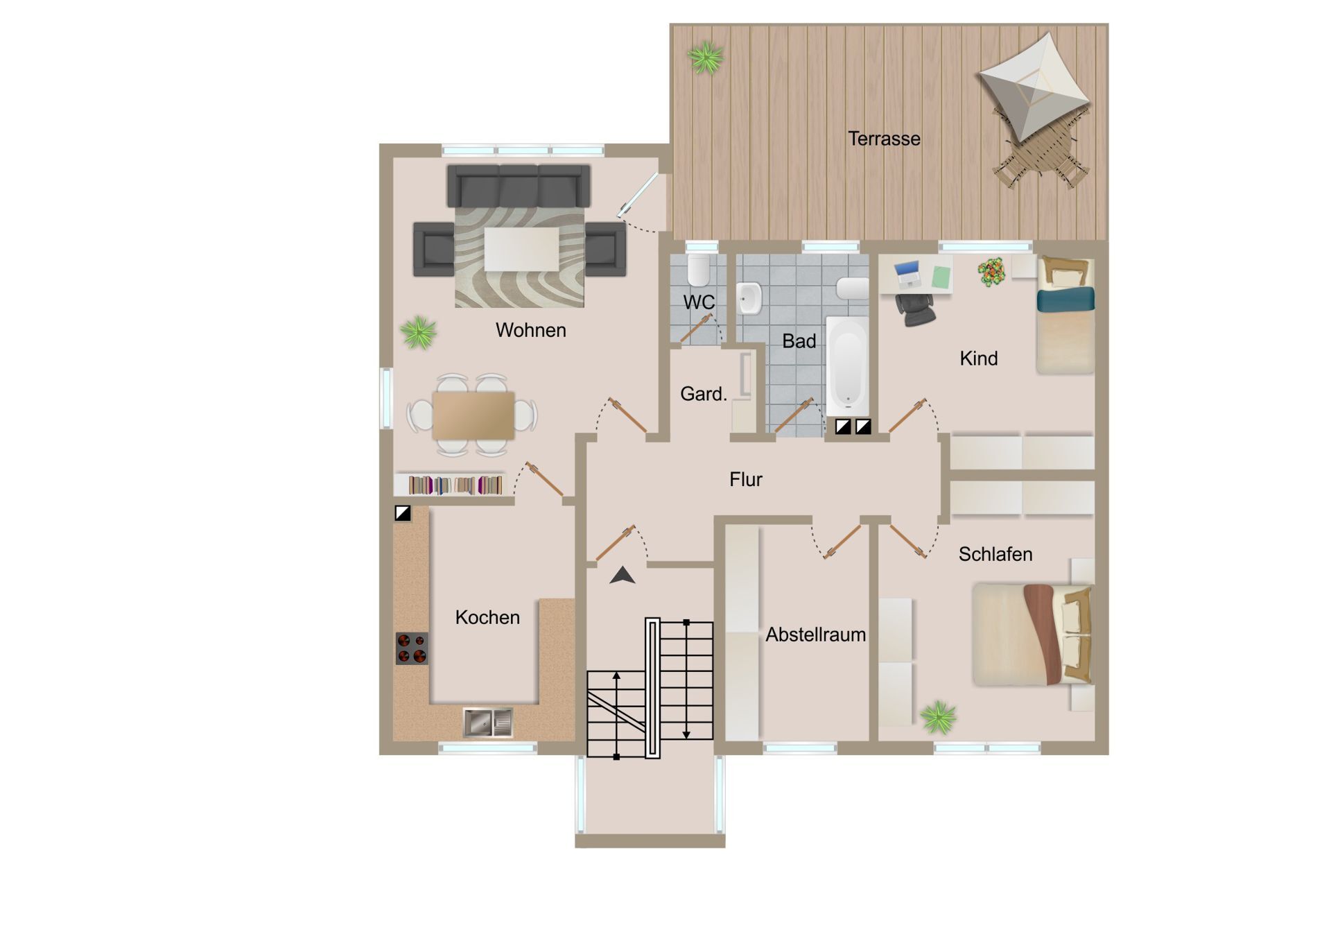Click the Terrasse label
point(884,139)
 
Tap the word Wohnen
point(530,330)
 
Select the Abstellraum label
point(815,634)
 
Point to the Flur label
point(745,479)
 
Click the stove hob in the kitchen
point(412,648)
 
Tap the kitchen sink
point(488,723)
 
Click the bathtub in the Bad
point(847,365)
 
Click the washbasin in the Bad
point(749,298)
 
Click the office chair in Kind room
point(915,309)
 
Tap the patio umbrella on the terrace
point(1034,86)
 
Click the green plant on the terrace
point(706,58)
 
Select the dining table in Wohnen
point(473,415)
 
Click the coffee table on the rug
point(521,249)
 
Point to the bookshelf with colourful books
point(454,484)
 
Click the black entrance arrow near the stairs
point(623,575)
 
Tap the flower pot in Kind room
point(992,271)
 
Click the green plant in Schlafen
point(939,717)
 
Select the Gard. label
point(704,394)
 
